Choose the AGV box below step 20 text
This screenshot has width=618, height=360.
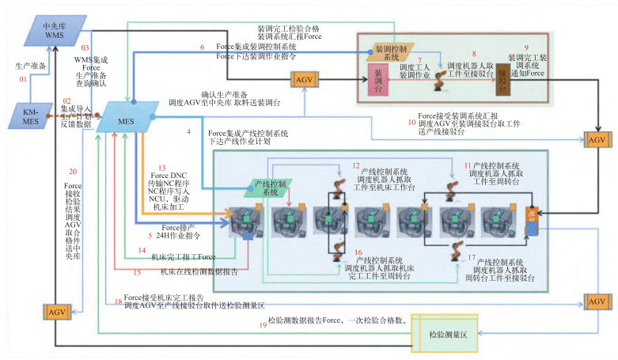tap(58, 312)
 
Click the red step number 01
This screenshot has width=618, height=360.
tap(24, 79)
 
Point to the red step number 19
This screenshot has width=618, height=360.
tap(264, 324)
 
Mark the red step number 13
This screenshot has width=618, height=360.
tap(161, 169)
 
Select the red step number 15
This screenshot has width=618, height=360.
tap(138, 272)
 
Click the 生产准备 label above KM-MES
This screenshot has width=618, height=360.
tap(32, 66)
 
